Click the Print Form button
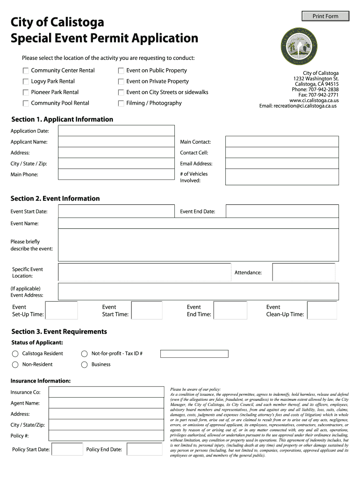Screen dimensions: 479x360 325,16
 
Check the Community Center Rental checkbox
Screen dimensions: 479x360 25,71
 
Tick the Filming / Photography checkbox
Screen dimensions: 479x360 121,103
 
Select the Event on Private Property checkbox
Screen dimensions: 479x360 121,81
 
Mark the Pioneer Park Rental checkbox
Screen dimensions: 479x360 25,93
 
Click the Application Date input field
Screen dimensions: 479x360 116,131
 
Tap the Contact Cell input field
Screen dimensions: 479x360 281,153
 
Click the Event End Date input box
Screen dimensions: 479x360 281,211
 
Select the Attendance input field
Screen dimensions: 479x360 303,272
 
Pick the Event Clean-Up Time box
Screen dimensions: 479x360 322,311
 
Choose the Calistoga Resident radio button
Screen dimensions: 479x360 15,354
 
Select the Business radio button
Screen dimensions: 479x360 85,365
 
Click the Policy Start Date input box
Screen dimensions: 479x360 67,450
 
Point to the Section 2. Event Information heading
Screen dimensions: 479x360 55,198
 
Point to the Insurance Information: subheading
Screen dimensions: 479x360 41,381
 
